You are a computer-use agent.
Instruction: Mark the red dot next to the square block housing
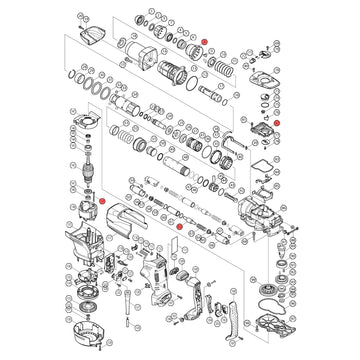click(278, 120)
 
